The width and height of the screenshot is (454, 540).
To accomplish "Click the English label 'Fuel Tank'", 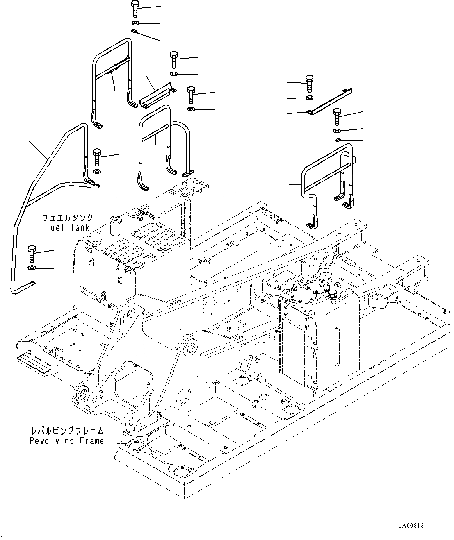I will click(x=67, y=227).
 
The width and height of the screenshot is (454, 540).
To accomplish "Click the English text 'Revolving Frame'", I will click(x=67, y=441).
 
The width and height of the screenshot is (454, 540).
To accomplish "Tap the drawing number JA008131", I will click(x=413, y=526).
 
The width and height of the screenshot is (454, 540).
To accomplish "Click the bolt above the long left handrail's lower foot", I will click(x=32, y=253).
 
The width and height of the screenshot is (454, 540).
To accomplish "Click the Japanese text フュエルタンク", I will click(x=67, y=218).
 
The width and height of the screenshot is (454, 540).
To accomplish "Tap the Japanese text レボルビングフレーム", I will click(x=67, y=431).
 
